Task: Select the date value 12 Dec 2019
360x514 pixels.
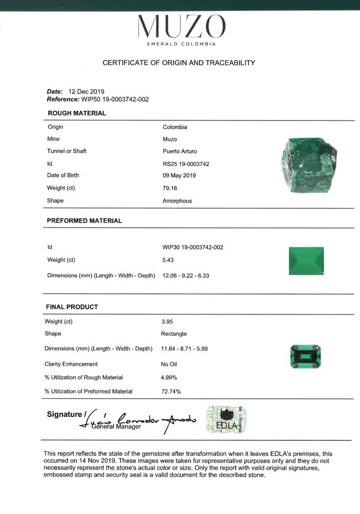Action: pos(86,91)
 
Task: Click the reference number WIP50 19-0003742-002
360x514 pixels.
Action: pos(115,99)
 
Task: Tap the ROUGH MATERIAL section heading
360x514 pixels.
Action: pos(77,113)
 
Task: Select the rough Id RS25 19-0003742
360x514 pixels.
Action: pos(185,164)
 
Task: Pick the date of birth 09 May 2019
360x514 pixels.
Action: pos(179,175)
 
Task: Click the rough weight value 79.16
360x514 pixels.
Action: pos(170,188)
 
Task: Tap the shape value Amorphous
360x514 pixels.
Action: pos(177,201)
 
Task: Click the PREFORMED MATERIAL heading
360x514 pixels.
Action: pos(84,221)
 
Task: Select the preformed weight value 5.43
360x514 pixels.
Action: pos(168,260)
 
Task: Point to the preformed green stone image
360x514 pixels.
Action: pos(306,261)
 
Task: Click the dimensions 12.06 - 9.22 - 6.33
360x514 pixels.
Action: pos(185,275)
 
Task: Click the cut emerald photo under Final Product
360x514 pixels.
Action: pos(305,356)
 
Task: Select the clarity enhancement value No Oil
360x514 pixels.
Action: pos(169,364)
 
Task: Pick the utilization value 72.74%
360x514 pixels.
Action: pos(171,391)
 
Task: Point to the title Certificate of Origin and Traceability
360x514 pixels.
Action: pos(179,63)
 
